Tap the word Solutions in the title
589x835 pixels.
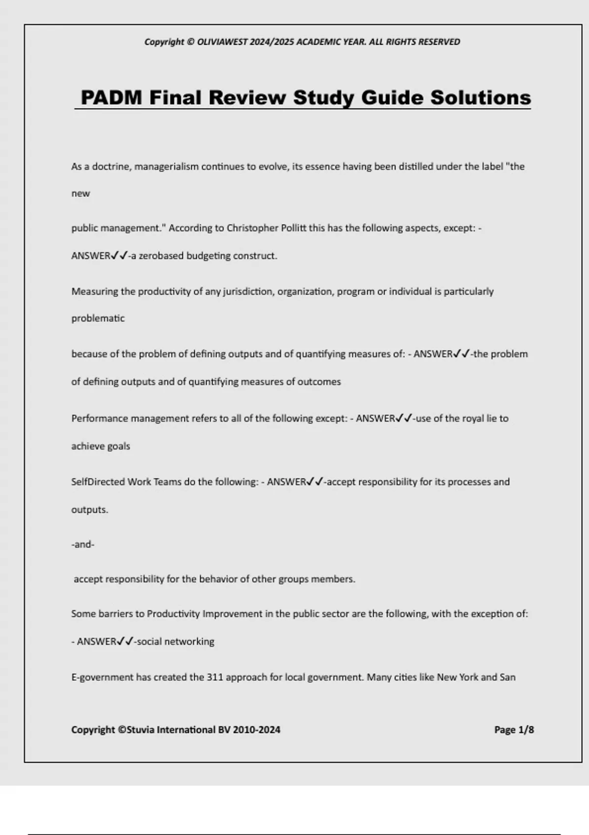[481, 97]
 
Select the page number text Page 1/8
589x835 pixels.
[514, 730]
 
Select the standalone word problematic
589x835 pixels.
[98, 318]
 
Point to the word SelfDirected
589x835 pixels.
[98, 482]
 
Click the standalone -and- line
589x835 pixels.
[82, 545]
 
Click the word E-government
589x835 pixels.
[102, 677]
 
